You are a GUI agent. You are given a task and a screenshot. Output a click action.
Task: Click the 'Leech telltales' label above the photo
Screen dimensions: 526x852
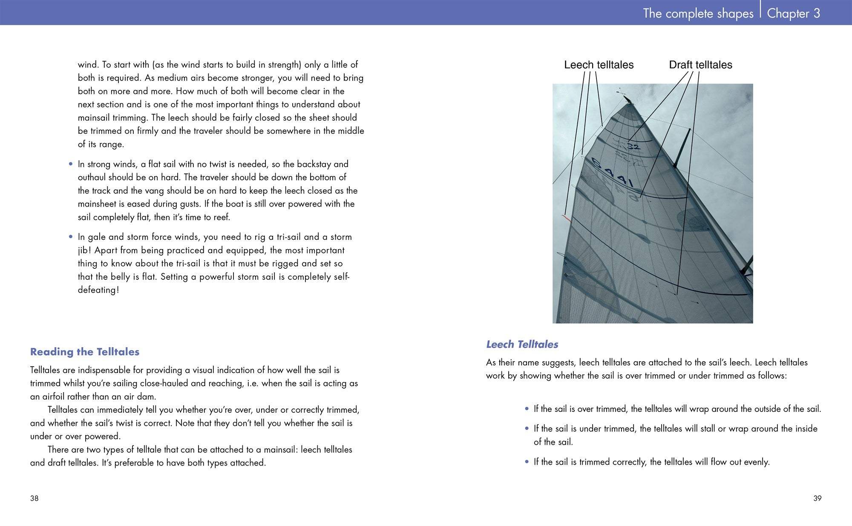(x=599, y=65)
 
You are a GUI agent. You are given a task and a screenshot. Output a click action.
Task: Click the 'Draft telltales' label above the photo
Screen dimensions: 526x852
(x=700, y=65)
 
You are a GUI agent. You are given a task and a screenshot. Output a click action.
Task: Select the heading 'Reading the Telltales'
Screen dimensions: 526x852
(x=85, y=352)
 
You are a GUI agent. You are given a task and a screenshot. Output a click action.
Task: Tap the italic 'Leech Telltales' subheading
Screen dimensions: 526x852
(x=522, y=344)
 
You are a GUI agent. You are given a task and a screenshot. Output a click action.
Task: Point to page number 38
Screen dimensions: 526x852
(x=34, y=498)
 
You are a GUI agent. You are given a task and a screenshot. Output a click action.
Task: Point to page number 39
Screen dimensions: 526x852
(x=817, y=498)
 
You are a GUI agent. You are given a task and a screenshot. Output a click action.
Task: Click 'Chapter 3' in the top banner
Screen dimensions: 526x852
(x=793, y=13)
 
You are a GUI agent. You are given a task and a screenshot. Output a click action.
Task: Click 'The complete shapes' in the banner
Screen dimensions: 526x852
(x=698, y=13)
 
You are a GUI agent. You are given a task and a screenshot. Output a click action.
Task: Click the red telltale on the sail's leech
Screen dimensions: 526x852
(x=566, y=218)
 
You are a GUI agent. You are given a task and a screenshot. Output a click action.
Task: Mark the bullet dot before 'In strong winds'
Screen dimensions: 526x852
(x=71, y=164)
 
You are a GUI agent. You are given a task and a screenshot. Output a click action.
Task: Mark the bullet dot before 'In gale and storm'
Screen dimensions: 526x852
(x=71, y=237)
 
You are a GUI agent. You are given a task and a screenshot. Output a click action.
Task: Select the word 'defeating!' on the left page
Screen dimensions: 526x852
(x=98, y=290)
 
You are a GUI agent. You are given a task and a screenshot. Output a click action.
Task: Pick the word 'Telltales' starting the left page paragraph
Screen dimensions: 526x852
(x=45, y=370)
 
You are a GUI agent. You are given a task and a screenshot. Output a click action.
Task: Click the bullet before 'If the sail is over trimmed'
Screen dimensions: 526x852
(x=527, y=409)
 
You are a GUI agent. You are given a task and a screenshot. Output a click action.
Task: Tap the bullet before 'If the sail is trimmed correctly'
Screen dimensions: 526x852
(x=527, y=462)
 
